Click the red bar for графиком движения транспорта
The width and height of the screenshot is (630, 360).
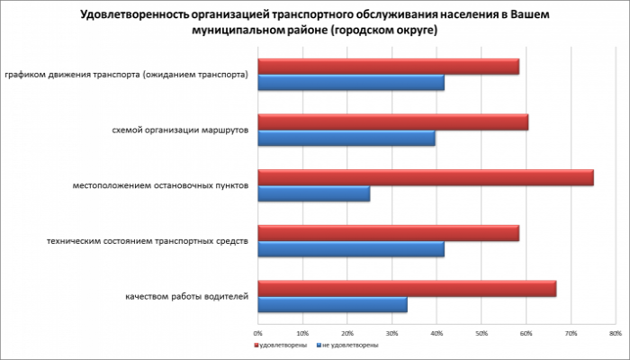(389, 67)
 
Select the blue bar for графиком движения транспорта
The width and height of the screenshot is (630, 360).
(351, 84)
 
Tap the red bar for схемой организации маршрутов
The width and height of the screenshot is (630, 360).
(393, 122)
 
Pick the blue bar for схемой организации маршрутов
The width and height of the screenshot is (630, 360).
(346, 139)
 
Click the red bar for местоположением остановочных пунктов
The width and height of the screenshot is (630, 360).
(426, 178)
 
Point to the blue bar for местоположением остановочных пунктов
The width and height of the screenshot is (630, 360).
(314, 194)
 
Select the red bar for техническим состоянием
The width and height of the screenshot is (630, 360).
(389, 234)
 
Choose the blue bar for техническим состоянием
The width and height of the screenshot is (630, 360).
(351, 250)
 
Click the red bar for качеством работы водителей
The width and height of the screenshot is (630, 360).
(407, 289)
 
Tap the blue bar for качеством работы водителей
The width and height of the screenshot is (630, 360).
(332, 305)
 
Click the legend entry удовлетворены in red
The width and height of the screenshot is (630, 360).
(281, 345)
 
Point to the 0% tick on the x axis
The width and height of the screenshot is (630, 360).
(258, 333)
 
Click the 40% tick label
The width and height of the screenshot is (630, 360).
(436, 333)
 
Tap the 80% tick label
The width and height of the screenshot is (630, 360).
(615, 333)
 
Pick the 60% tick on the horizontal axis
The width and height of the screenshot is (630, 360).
(526, 333)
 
